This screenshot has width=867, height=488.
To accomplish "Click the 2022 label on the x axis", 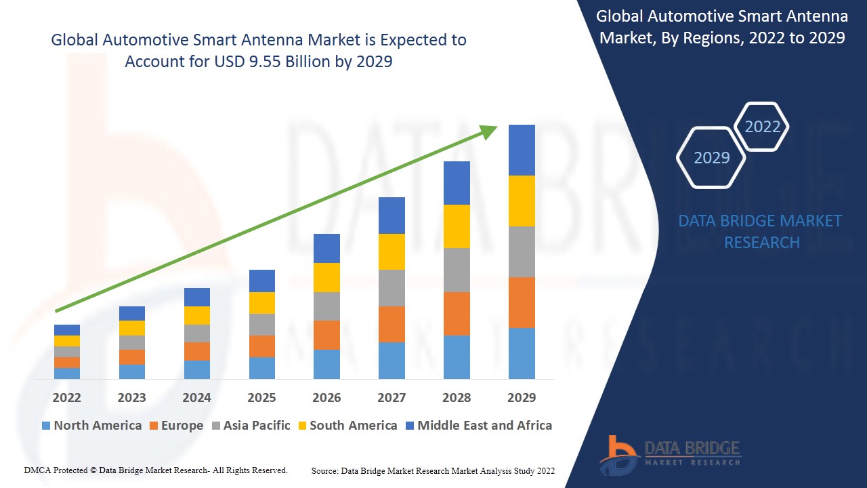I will (x=67, y=397).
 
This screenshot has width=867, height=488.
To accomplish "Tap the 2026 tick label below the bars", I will (x=326, y=397).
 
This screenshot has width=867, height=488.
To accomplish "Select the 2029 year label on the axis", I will (x=522, y=397).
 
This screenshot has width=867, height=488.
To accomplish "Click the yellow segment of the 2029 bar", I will (x=522, y=201).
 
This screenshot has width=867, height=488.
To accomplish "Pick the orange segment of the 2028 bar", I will (x=457, y=313).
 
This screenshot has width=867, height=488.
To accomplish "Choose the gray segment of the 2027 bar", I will (x=392, y=288).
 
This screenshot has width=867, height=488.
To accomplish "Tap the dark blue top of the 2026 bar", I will (x=326, y=248).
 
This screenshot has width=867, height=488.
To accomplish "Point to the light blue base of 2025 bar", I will (x=262, y=367).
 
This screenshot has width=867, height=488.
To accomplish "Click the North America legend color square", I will (x=46, y=426).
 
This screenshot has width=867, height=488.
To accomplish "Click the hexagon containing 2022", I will (x=762, y=127).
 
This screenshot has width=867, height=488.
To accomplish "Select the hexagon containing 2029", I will (x=711, y=158).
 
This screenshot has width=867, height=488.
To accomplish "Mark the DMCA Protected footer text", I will (x=156, y=470).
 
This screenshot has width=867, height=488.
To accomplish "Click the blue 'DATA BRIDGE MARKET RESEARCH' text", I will (x=761, y=231).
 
